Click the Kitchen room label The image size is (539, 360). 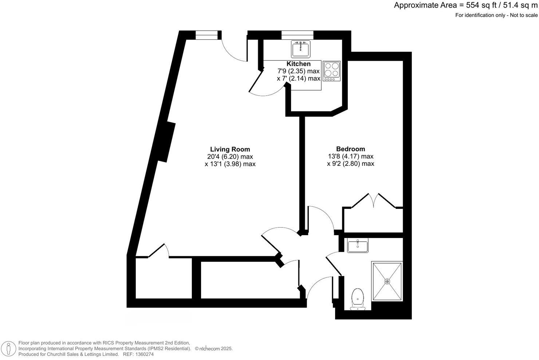[x=298, y=64]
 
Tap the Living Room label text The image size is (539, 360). [x=230, y=149]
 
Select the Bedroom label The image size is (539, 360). [x=350, y=149]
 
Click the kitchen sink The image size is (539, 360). [x=300, y=49]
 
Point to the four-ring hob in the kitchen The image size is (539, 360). [x=331, y=71]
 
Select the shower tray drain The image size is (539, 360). [x=387, y=281]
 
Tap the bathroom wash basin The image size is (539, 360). [x=358, y=245]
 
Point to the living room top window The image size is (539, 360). [x=207, y=35]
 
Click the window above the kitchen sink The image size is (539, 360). [x=297, y=35]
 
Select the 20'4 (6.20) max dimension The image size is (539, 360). [x=230, y=157]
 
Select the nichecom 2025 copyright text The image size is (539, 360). [x=214, y=349]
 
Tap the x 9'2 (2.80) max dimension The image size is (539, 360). [x=350, y=164]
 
